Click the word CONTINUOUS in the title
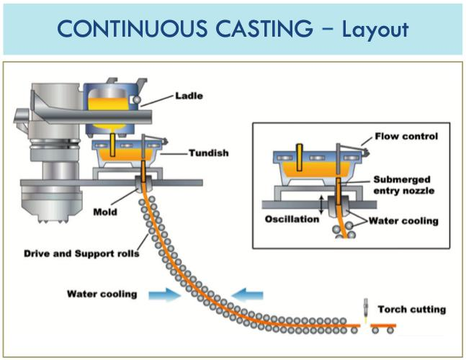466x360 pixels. pyautogui.click(x=132, y=29)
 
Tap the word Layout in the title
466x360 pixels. pyautogui.click(x=375, y=30)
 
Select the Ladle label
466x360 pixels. pyautogui.click(x=189, y=96)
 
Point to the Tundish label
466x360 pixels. pyautogui.click(x=209, y=153)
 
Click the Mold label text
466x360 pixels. pyautogui.click(x=105, y=212)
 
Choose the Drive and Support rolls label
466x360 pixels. pyautogui.click(x=81, y=253)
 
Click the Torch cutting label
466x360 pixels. pyautogui.click(x=412, y=309)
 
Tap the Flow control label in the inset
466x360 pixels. pyautogui.click(x=406, y=136)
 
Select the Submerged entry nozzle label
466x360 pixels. pyautogui.click(x=404, y=185)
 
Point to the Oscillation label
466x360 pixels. pyautogui.click(x=292, y=219)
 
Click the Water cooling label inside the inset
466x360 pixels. pyautogui.click(x=403, y=221)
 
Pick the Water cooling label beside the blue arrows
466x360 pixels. pyautogui.click(x=102, y=294)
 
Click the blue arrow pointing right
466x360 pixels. pyautogui.click(x=165, y=295)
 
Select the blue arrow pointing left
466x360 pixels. pyautogui.click(x=247, y=295)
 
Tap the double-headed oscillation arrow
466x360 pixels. pyautogui.click(x=321, y=204)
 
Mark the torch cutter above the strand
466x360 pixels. pyautogui.click(x=366, y=309)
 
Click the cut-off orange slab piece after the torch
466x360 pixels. pyautogui.click(x=383, y=325)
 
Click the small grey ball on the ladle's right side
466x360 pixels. pyautogui.click(x=137, y=100)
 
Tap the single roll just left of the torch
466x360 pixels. pyautogui.click(x=354, y=330)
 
